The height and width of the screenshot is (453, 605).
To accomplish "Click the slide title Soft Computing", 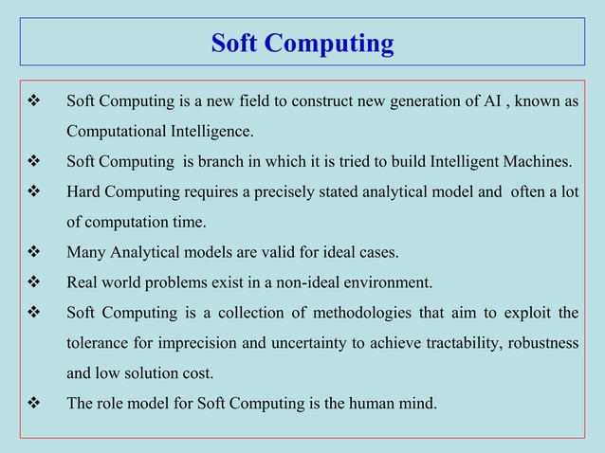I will coord(302,43).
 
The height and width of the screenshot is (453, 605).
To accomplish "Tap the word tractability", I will coord(452,342).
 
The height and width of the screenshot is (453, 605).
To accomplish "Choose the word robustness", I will coord(543,342).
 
